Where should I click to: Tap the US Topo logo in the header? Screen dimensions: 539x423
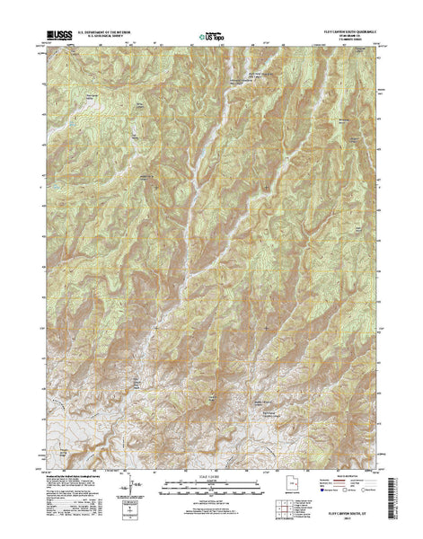(x=211, y=38)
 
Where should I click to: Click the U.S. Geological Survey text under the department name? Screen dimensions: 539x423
(x=108, y=40)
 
